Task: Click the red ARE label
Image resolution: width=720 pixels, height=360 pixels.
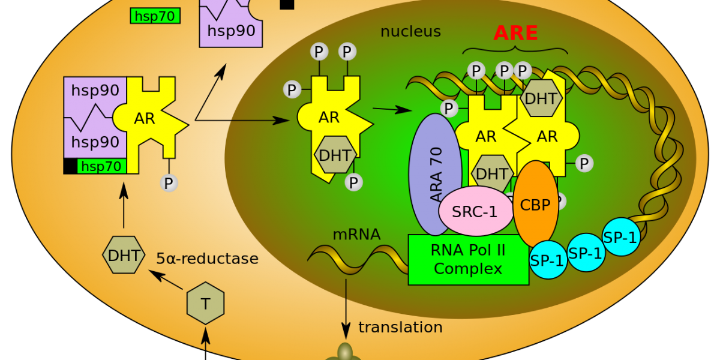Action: tap(515, 33)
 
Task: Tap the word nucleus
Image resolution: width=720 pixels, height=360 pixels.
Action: tap(410, 32)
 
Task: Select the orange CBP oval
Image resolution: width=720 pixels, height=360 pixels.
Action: tap(536, 204)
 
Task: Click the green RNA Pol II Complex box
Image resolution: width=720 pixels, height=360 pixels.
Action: tap(468, 260)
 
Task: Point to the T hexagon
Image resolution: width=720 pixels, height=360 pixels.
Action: tap(205, 304)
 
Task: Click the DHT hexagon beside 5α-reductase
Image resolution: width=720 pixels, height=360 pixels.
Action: tap(124, 256)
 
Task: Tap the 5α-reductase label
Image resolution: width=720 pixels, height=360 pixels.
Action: tap(207, 259)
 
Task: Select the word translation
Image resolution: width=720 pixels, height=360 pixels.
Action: tap(400, 328)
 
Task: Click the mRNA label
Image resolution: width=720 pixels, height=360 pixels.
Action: tap(356, 235)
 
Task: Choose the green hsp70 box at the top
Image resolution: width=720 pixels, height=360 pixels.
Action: tap(155, 16)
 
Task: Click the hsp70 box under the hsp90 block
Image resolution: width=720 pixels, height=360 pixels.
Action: tap(101, 167)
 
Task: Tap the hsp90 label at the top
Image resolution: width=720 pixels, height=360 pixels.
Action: tap(231, 31)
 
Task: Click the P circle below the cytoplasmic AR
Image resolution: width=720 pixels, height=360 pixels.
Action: tap(169, 182)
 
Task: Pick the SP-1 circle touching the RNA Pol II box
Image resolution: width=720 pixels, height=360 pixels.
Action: tap(548, 260)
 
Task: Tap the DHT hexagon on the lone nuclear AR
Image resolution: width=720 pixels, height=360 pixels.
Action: tap(335, 155)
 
